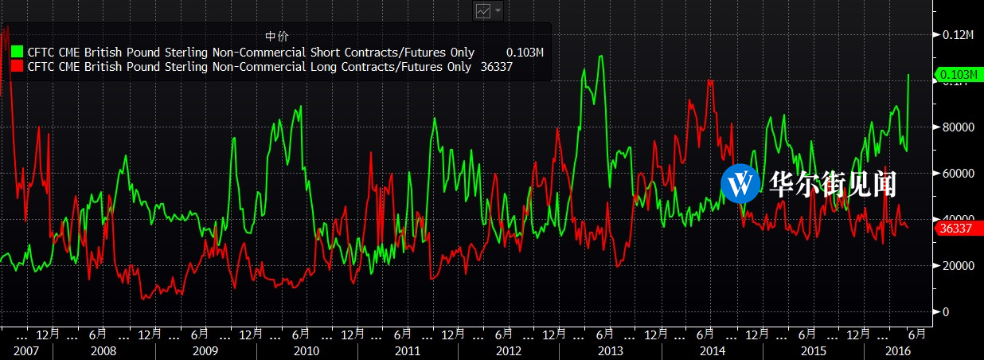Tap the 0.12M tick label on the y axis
coord(958,35)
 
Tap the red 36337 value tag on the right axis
coord(956,229)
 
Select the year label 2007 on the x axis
coord(25,350)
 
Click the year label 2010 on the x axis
coord(306,350)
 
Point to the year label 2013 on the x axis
coord(610,350)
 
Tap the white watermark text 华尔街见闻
coord(833,184)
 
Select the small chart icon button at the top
coord(483,10)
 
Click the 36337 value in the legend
coord(496,67)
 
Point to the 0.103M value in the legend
coord(525,53)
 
